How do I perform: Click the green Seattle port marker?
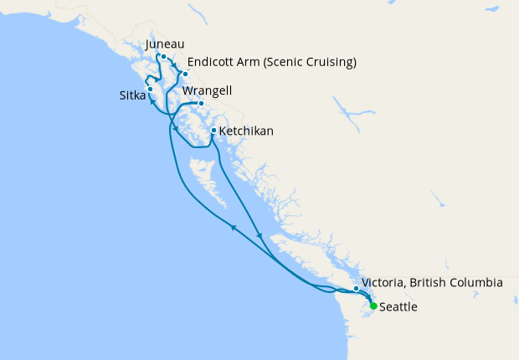(x=373, y=306)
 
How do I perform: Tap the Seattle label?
(x=398, y=307)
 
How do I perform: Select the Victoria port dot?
(x=357, y=289)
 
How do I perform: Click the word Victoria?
(x=388, y=283)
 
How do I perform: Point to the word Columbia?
(x=475, y=283)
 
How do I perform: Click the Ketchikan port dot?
(x=213, y=131)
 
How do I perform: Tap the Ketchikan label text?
(x=246, y=131)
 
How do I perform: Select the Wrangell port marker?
(x=201, y=104)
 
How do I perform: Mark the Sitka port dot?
(x=150, y=89)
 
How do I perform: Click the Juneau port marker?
(x=164, y=58)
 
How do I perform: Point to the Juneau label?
(x=164, y=44)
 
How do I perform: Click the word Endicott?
(x=214, y=62)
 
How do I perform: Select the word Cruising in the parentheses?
(x=329, y=62)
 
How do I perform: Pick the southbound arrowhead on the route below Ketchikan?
(x=261, y=236)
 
